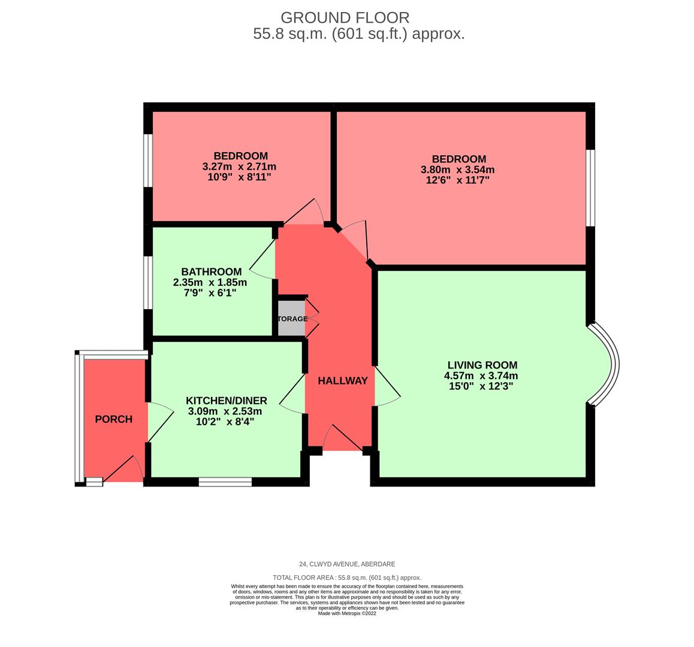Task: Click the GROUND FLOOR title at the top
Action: pos(345,17)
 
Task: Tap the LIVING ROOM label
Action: pos(482,365)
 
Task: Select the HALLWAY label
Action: pos(342,381)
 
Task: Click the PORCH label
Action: pos(113,419)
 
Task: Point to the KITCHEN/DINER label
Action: pos(226,401)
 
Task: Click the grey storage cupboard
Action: pos(292,318)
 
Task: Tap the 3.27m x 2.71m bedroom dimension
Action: pos(239,167)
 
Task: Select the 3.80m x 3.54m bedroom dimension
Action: pos(457,170)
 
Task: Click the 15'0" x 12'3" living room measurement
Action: pos(481,386)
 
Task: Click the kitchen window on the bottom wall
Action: pos(225,482)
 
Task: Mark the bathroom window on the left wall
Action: pos(147,283)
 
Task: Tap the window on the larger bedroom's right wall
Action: pos(590,188)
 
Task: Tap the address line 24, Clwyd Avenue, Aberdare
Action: pos(347,564)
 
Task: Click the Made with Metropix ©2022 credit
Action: pos(347,613)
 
